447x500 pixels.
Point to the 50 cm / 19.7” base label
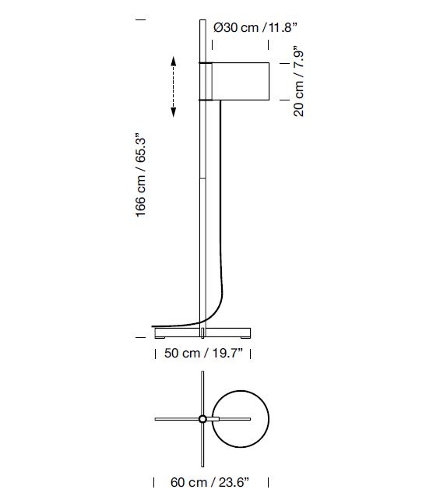tap(204, 354)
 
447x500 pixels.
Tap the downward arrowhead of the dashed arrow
tap(173, 116)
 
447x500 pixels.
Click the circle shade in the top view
tap(241, 419)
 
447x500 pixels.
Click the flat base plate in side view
tap(204, 331)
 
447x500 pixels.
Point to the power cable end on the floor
tap(153, 326)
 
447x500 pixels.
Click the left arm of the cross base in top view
tap(175, 419)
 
